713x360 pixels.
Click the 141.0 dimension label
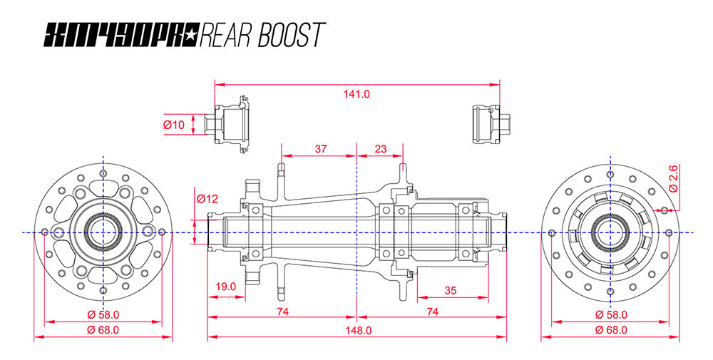[356, 93]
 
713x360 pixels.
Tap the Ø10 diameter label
[174, 125]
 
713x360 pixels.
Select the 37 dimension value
[320, 149]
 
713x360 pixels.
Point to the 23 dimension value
[380, 149]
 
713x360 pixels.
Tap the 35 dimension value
[450, 290]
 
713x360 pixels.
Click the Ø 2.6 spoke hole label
[674, 178]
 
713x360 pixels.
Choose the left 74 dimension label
[282, 312]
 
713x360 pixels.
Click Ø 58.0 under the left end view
[103, 314]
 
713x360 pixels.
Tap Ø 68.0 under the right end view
[610, 329]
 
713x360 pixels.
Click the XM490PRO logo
[122, 34]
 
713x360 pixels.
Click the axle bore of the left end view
[103, 232]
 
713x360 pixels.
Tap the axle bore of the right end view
[610, 232]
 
